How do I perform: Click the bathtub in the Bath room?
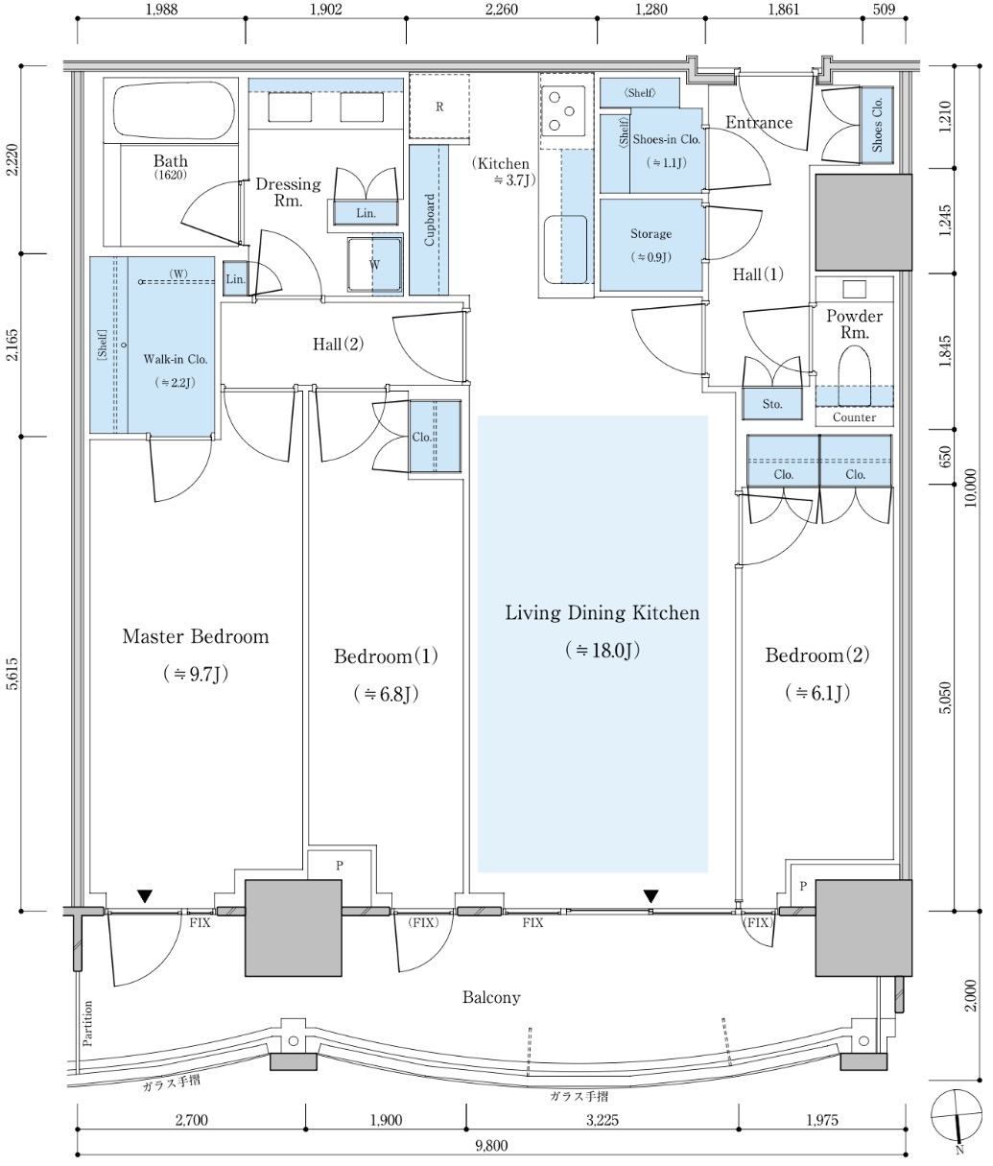tap(173, 112)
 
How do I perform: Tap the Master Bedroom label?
tap(196, 636)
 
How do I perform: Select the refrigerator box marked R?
tap(438, 107)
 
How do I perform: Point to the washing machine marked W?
tap(373, 263)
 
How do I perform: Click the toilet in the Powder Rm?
tap(853, 373)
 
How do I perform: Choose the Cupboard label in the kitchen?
tap(430, 220)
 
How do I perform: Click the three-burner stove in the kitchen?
tap(561, 110)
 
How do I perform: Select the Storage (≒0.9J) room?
tap(651, 244)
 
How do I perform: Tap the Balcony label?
tap(491, 997)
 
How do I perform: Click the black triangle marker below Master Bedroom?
tap(144, 896)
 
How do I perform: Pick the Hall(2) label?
tap(339, 345)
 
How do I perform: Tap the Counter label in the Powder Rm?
tap(854, 417)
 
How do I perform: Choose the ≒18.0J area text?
tap(603, 650)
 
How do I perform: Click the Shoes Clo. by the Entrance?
tap(877, 124)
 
